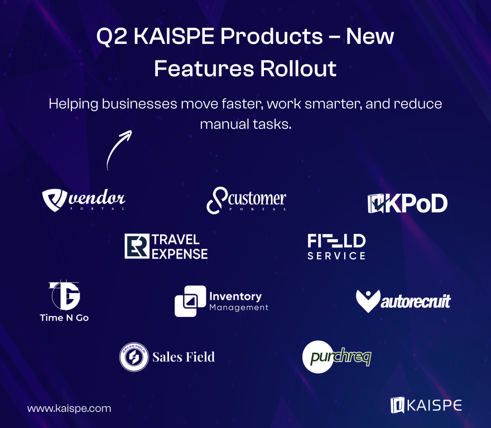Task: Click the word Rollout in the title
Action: (x=298, y=68)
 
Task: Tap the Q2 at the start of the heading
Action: (x=112, y=37)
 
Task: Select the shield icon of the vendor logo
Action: (x=54, y=200)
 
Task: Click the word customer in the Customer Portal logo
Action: (x=257, y=198)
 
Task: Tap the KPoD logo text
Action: (x=416, y=203)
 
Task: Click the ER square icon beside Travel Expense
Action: (x=137, y=246)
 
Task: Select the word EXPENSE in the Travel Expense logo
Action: (x=180, y=254)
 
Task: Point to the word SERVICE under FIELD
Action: (x=336, y=256)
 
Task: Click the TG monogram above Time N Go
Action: (x=64, y=294)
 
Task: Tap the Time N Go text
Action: (x=64, y=318)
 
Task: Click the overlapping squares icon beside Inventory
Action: (x=190, y=301)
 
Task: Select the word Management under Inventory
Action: (x=239, y=308)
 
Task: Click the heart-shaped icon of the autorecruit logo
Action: (x=368, y=301)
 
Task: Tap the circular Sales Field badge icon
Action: (x=134, y=357)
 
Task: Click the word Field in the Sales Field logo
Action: (x=200, y=357)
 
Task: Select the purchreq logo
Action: (x=337, y=357)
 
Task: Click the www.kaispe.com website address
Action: (x=69, y=409)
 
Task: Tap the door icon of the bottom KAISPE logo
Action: (x=397, y=405)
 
